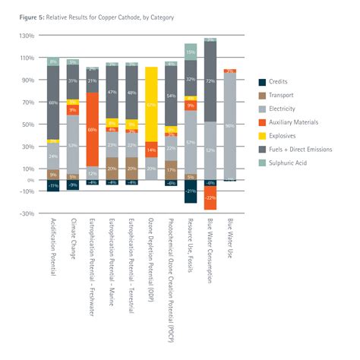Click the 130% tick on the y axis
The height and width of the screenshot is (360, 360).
(x=27, y=36)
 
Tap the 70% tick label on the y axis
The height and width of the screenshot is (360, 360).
(x=28, y=102)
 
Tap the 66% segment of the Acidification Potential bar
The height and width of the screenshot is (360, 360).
(x=53, y=103)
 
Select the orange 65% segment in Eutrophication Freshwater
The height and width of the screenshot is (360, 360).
(x=92, y=129)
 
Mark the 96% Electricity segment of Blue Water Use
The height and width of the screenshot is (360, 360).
(x=229, y=126)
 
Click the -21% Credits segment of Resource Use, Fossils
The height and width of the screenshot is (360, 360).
(x=191, y=191)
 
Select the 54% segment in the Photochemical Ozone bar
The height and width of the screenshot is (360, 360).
(x=171, y=96)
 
